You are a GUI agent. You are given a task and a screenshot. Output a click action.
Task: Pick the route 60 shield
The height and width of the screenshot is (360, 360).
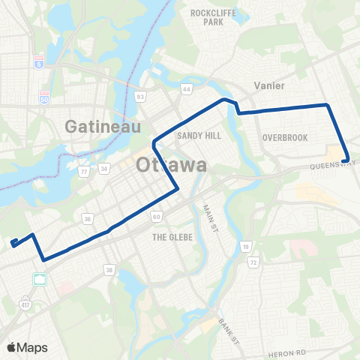(156, 217)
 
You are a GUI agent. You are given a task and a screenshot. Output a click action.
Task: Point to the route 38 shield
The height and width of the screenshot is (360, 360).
(110, 269)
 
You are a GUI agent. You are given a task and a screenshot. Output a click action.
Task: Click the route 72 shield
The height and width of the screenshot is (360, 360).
(253, 263)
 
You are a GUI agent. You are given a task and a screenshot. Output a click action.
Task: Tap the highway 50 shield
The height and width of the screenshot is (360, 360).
(44, 97)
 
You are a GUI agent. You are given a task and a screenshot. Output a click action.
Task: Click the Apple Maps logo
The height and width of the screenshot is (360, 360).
(27, 347)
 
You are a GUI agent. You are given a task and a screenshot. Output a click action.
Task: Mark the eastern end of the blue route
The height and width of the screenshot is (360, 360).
(345, 160)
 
